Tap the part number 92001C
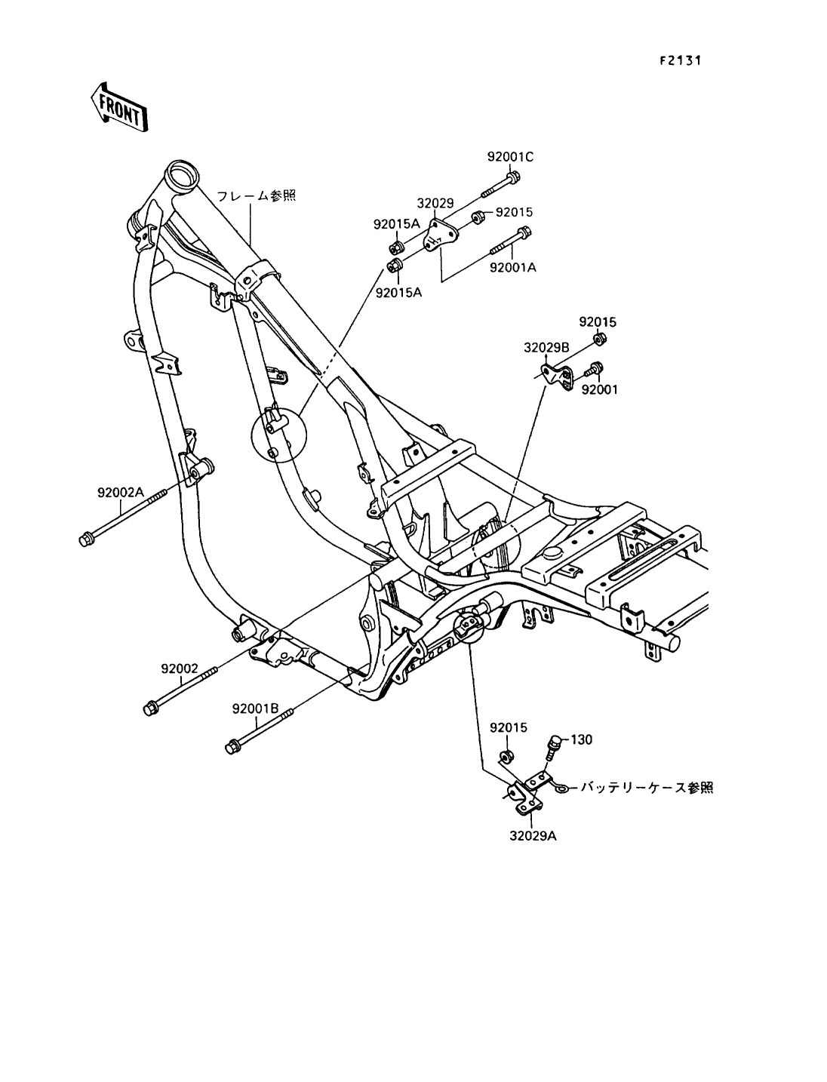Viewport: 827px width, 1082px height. click(510, 157)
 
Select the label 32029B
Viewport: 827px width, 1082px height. click(546, 348)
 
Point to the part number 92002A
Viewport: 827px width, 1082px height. click(120, 492)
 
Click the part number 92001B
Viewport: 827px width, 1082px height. click(255, 709)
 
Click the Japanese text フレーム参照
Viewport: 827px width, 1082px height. click(257, 196)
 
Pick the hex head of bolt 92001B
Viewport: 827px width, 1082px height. click(232, 761)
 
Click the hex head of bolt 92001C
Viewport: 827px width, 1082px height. click(513, 177)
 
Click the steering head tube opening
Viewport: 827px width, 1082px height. click(182, 174)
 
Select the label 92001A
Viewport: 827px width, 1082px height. click(512, 268)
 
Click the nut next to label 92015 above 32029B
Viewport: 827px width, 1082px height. click(599, 339)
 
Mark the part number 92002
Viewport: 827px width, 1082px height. click(180, 669)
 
